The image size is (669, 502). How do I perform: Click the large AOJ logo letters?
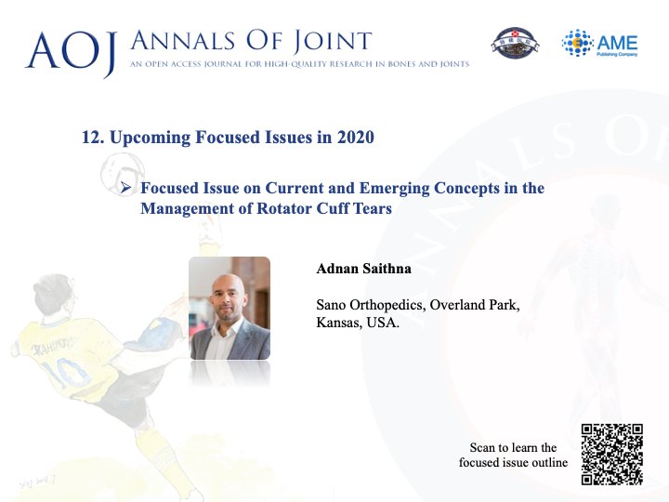[x=71, y=52]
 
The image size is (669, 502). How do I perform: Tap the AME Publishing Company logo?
[x=600, y=43]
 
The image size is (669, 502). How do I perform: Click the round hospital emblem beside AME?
[x=515, y=43]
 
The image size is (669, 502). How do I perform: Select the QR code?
[x=611, y=455]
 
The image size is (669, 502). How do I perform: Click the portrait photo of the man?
[x=230, y=308]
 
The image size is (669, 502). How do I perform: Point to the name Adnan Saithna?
[x=363, y=269]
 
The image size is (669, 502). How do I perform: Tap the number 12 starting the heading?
[x=92, y=137]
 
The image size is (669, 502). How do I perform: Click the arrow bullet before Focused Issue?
[x=125, y=188]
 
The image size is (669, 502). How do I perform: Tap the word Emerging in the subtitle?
[x=394, y=188]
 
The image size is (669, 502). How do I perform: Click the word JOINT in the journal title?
[x=333, y=42]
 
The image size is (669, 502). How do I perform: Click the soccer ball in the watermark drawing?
[x=123, y=172]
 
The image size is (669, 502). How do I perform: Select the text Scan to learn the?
[x=513, y=447]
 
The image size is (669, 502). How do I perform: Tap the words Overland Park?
[x=475, y=305]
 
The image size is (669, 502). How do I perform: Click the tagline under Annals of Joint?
[x=299, y=64]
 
